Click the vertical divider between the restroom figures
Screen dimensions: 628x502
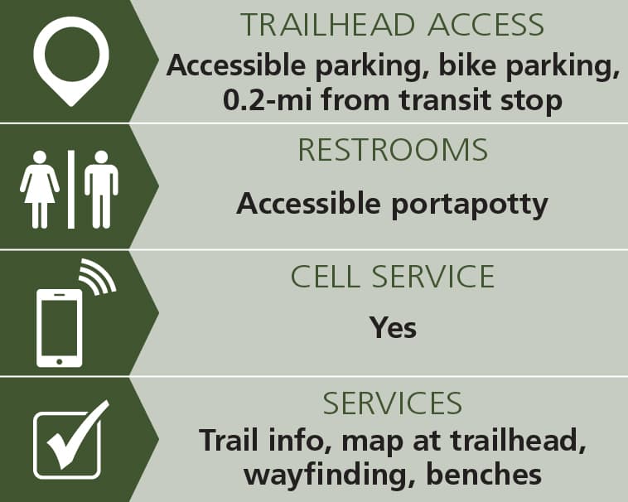coord(71,190)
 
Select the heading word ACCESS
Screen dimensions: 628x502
coord(485,25)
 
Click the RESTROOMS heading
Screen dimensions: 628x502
coord(393,150)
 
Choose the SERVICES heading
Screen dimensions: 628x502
coord(393,403)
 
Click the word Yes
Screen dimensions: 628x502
coord(393,327)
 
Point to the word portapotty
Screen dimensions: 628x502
coord(470,205)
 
